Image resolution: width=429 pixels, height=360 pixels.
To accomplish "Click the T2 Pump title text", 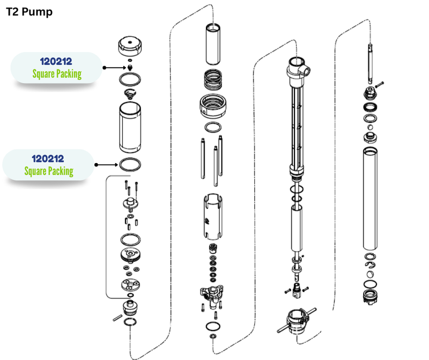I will tap(29, 12).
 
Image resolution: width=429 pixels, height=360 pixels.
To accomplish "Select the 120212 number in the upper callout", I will tap(56, 62).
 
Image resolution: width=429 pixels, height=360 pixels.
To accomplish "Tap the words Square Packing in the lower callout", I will tap(49, 171).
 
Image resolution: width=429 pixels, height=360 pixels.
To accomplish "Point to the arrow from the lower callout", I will tap(106, 164).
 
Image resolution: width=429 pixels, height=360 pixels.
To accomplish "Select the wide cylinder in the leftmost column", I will tap(130, 128).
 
